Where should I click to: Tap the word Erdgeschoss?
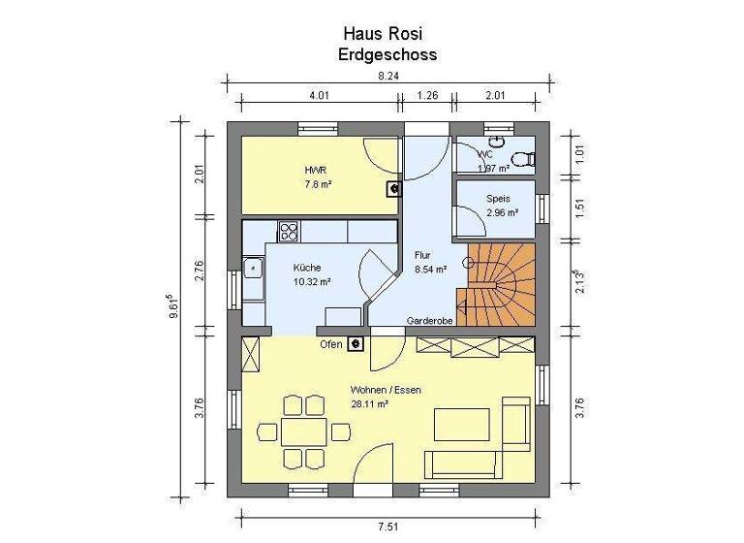[387, 54]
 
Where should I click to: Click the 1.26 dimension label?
[427, 95]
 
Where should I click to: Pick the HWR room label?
[316, 169]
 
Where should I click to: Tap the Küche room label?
[309, 268]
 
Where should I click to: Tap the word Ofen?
[330, 343]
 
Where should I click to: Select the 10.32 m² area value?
[312, 282]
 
